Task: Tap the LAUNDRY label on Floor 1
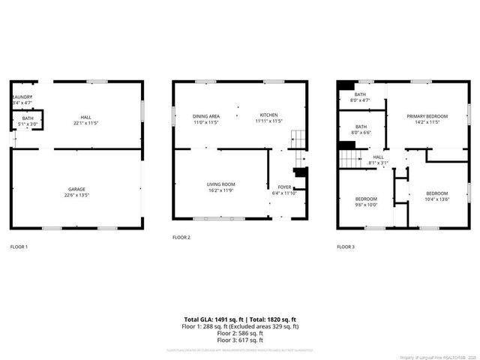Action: pyautogui.click(x=20, y=97)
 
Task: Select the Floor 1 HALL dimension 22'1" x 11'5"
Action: pyautogui.click(x=86, y=122)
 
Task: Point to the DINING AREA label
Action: pyautogui.click(x=205, y=115)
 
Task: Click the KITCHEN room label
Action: pyautogui.click(x=268, y=115)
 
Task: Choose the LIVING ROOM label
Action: pyautogui.click(x=221, y=184)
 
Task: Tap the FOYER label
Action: pyautogui.click(x=284, y=187)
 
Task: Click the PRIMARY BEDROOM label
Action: pyautogui.click(x=427, y=116)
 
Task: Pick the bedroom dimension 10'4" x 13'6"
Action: pyautogui.click(x=436, y=199)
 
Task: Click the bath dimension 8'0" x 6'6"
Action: pyautogui.click(x=361, y=133)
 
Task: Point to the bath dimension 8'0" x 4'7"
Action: pyautogui.click(x=361, y=100)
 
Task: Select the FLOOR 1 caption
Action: pyautogui.click(x=19, y=247)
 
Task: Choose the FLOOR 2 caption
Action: pyautogui.click(x=181, y=237)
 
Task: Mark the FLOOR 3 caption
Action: pyautogui.click(x=346, y=247)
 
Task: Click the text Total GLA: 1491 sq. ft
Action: pyautogui.click(x=214, y=319)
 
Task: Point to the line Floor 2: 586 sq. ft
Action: pyautogui.click(x=240, y=333)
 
